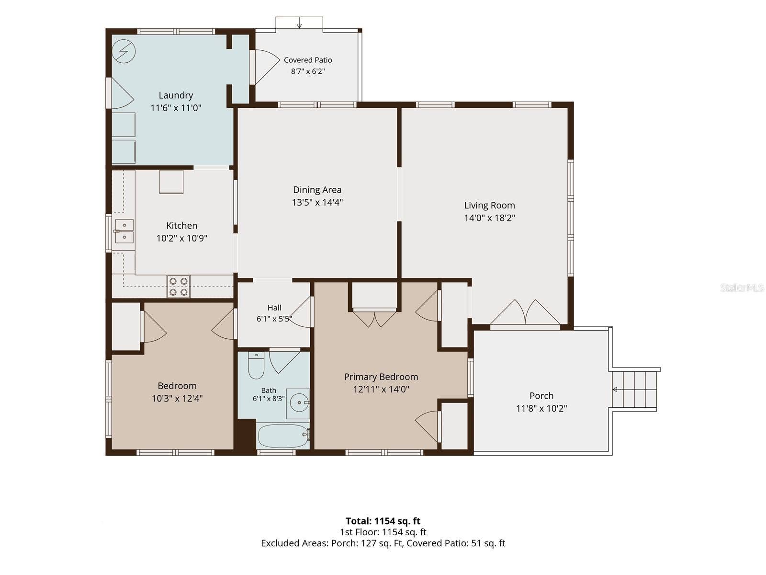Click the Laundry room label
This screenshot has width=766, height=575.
click(176, 95)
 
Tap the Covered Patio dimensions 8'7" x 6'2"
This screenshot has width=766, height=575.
click(308, 71)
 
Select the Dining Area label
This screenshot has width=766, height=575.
click(317, 190)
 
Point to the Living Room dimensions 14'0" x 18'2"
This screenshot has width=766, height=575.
click(489, 218)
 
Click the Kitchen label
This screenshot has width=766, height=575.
click(181, 226)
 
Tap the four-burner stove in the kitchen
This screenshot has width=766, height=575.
click(178, 287)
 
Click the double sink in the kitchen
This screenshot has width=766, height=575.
click(124, 231)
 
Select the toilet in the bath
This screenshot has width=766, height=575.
click(256, 366)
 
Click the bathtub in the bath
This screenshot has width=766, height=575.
click(283, 436)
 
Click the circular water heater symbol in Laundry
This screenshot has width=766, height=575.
click(124, 51)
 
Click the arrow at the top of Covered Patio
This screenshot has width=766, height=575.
click(299, 23)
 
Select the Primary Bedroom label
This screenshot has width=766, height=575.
click(381, 377)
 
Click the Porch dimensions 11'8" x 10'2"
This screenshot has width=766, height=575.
click(541, 408)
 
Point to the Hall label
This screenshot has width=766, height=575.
click(274, 308)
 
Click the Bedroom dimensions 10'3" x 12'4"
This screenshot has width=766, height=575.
click(177, 398)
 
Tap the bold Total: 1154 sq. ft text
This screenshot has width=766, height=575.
click(383, 521)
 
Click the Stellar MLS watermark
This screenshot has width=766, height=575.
click(742, 287)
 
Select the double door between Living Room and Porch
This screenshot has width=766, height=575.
click(525, 313)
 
